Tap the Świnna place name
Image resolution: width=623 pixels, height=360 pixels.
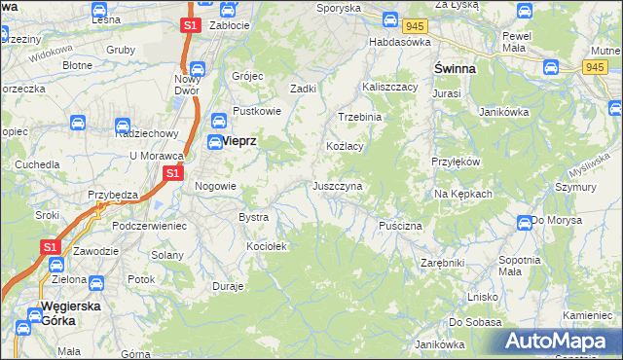coord(454,69)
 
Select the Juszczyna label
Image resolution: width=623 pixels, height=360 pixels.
coord(338,185)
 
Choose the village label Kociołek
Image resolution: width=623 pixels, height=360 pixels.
coord(267,246)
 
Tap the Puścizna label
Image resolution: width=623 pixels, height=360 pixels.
coord(400,226)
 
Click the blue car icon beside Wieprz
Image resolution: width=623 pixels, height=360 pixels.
coord(219,121)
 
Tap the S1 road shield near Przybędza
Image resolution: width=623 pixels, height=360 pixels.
coord(172,173)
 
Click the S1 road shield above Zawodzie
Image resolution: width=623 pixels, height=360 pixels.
coord(51,248)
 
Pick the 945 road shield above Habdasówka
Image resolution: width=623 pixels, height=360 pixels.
coord(418,24)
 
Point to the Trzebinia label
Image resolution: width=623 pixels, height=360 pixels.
coord(359,117)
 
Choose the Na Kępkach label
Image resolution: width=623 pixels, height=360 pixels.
coord(463,194)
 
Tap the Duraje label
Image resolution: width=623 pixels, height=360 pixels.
coord(228,287)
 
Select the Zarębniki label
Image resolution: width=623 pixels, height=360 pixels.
coord(443,263)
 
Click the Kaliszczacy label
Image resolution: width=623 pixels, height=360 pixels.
coord(390,87)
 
